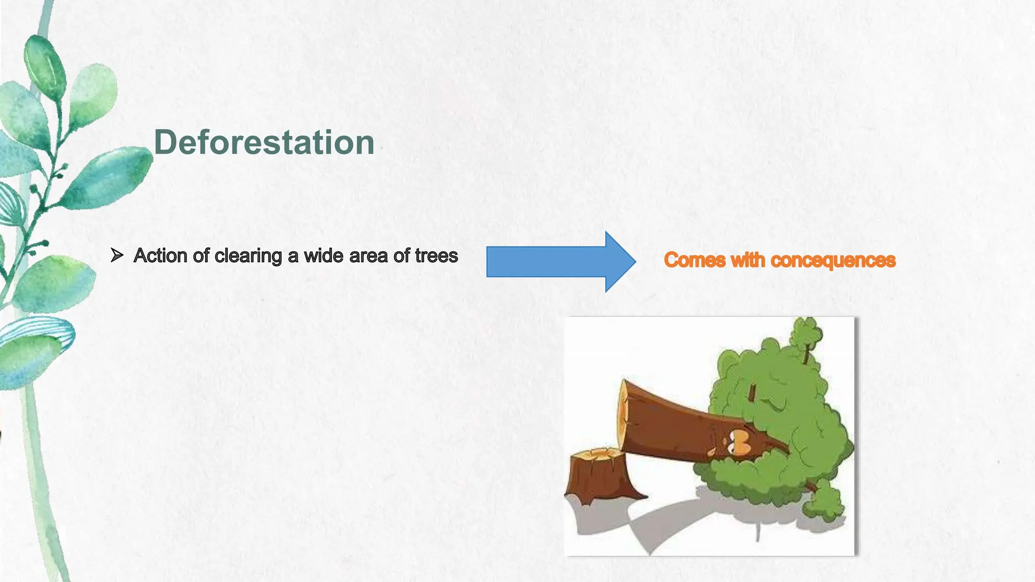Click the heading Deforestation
(x=264, y=142)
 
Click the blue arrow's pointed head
(x=621, y=262)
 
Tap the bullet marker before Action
(x=117, y=256)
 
